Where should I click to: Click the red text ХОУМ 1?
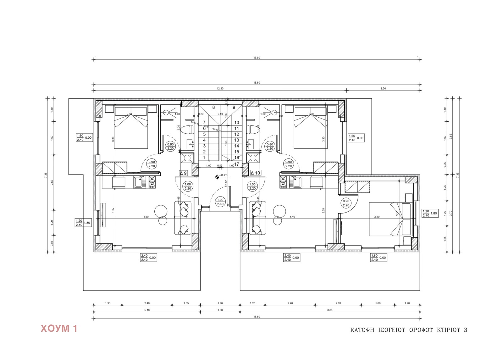click(x=59, y=329)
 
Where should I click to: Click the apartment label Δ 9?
click(x=183, y=173)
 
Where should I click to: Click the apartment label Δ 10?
click(x=256, y=173)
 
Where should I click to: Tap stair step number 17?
click(x=237, y=164)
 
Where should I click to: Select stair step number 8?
click(x=213, y=107)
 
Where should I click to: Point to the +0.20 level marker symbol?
click(x=217, y=177)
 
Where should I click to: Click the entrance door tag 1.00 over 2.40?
click(x=220, y=202)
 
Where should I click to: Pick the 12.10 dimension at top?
click(x=220, y=89)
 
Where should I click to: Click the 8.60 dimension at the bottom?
click(x=330, y=310)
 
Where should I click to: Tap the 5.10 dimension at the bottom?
click(x=147, y=310)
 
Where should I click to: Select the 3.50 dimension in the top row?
click(x=383, y=89)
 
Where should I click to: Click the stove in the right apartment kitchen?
click(x=283, y=182)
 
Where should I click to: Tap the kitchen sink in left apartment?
click(x=138, y=182)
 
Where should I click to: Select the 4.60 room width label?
click(x=146, y=217)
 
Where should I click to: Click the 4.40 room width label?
click(x=292, y=217)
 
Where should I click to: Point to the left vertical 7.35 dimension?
click(x=46, y=174)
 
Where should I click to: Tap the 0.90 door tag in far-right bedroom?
click(x=346, y=203)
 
